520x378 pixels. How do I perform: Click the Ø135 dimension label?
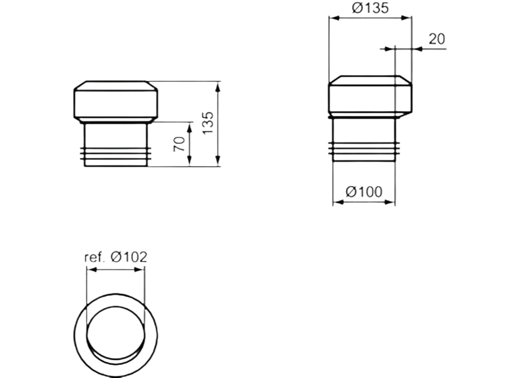[x=370, y=8]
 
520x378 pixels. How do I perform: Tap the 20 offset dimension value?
[x=437, y=39]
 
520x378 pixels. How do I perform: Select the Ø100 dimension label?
[x=364, y=192]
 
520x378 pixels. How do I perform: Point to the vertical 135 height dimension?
[x=208, y=123]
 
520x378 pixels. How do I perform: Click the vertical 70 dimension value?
[x=179, y=144]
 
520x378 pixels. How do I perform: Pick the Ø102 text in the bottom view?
[x=129, y=257]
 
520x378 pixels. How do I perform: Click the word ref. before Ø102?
[x=94, y=258]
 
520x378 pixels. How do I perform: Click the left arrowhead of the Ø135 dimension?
[x=332, y=18]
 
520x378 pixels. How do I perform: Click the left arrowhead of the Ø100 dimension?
[x=337, y=202]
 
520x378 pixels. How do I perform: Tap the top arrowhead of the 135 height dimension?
[x=217, y=85]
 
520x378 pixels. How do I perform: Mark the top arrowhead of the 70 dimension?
[x=189, y=125]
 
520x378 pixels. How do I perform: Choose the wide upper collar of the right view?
[x=370, y=97]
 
